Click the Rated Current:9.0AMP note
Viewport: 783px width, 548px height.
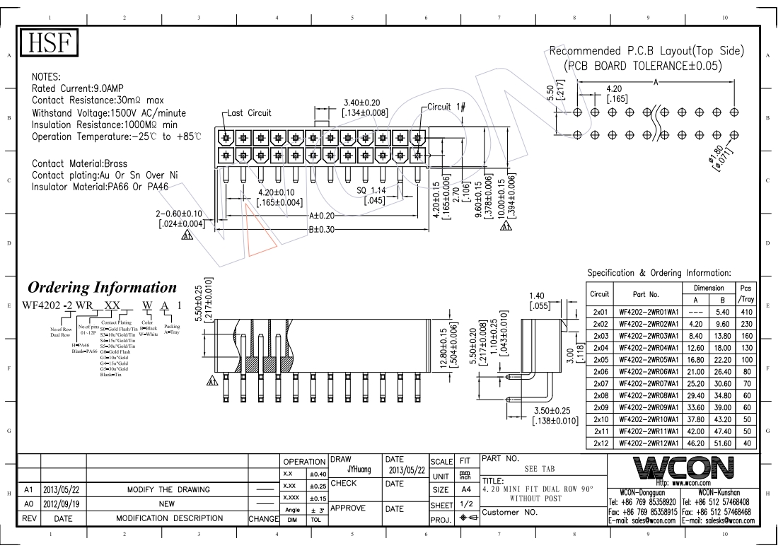point(79,88)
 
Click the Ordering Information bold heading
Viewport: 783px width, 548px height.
point(101,288)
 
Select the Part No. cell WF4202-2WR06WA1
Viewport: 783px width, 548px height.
point(649,371)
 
